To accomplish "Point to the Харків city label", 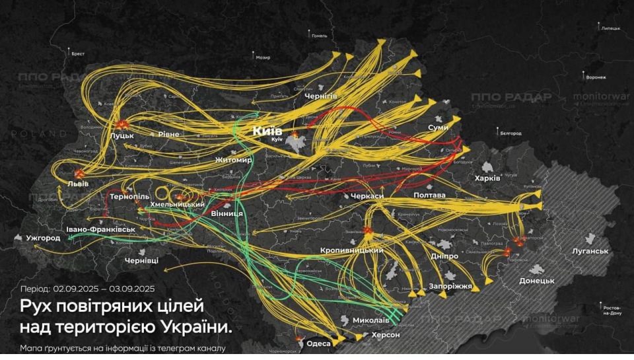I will point(487,178).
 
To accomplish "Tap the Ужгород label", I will point(43,237).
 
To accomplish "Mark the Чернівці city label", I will point(141,262).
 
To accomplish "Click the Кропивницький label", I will point(352,250).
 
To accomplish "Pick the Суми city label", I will point(438,127).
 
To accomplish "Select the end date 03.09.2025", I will point(130,289).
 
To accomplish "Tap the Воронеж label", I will point(596,77).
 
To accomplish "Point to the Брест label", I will point(78,54).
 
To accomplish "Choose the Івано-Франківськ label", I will point(100,229).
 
